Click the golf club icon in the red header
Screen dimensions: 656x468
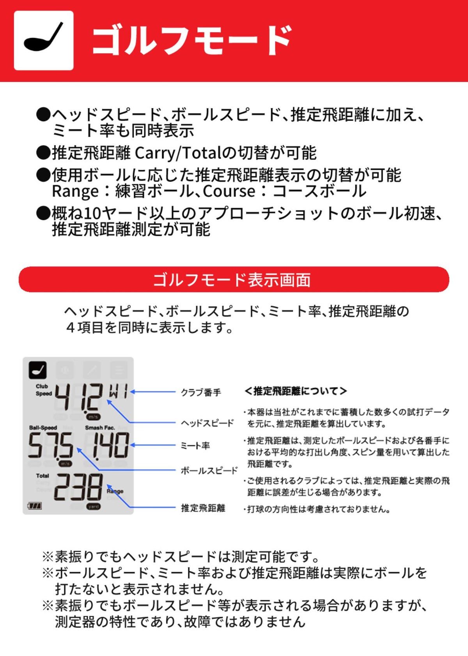pos(44,40)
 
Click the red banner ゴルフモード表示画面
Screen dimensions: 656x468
pos(234,279)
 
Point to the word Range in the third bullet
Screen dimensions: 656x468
pos(75,191)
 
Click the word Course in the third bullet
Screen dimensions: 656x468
pos(229,191)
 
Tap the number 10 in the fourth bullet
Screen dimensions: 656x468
pos(92,213)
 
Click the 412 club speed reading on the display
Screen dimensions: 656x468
pos(79,397)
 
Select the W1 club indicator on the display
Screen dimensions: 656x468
pos(118,391)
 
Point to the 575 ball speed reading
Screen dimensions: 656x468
pos(50,446)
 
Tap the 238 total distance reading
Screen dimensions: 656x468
pos(78,487)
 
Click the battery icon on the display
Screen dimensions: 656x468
pos(34,506)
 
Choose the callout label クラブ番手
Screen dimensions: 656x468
pos(201,392)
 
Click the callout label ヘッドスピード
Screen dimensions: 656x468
pos(207,423)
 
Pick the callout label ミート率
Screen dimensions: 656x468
pos(195,446)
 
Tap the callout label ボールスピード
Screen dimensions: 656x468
pos(209,471)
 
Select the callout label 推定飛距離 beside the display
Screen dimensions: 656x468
pos(203,508)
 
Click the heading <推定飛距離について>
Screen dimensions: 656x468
pos(296,391)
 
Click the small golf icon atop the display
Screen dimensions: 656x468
pos(38,370)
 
